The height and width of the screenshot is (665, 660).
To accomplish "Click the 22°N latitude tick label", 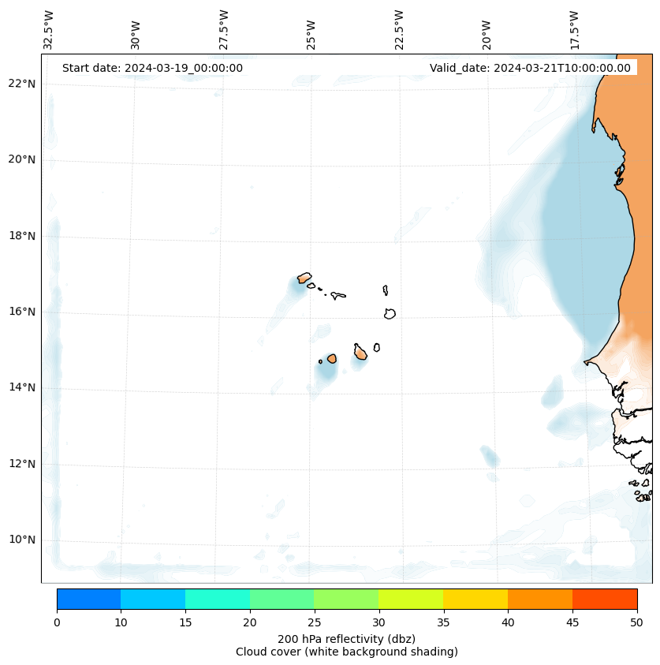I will click(x=22, y=84).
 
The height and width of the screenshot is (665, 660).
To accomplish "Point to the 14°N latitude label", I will click(x=22, y=387).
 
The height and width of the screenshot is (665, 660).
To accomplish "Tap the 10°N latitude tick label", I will click(x=22, y=540).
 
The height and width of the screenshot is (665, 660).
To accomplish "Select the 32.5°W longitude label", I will click(x=49, y=30).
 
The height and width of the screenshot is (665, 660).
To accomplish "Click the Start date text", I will click(x=152, y=68).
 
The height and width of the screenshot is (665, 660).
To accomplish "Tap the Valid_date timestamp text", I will click(x=530, y=68).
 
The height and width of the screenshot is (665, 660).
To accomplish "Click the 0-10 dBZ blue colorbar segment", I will click(x=88, y=599).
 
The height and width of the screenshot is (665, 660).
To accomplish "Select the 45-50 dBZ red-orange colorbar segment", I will click(x=605, y=599).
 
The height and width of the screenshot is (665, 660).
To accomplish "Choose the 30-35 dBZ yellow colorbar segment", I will click(x=411, y=599).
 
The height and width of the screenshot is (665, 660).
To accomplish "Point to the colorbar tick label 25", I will click(x=314, y=623).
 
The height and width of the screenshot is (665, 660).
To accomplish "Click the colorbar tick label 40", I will click(x=508, y=623).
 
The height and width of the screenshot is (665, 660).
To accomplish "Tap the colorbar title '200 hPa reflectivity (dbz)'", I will click(x=346, y=638).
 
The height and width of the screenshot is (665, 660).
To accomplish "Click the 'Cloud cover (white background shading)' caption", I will click(x=346, y=652).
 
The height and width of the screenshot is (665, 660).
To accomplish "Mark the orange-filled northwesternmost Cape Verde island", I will click(x=304, y=278).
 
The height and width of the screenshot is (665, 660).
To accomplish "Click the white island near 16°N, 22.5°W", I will click(x=390, y=313).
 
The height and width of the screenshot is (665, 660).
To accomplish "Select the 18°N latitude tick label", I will click(x=22, y=235).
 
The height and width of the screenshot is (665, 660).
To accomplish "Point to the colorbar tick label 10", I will click(x=121, y=623).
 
